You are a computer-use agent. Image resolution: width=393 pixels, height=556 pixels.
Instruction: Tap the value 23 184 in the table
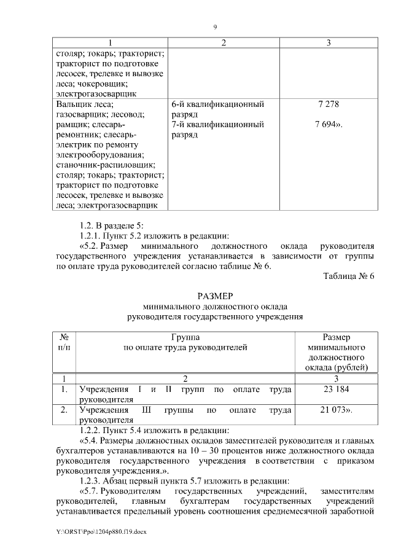[336, 390]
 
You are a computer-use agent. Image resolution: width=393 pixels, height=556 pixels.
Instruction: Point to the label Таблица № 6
[349, 276]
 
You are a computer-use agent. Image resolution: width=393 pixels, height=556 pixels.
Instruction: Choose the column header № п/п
[64, 342]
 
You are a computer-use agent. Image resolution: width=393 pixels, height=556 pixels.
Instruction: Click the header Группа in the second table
[185, 337]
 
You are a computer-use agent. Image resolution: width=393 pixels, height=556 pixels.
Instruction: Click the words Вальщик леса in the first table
[80, 104]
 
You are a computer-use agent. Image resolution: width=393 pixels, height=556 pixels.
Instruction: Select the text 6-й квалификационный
[218, 104]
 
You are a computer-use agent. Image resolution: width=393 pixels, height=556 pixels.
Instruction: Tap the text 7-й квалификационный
[218, 124]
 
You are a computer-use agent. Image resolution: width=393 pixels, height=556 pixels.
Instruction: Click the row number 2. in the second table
[64, 409]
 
